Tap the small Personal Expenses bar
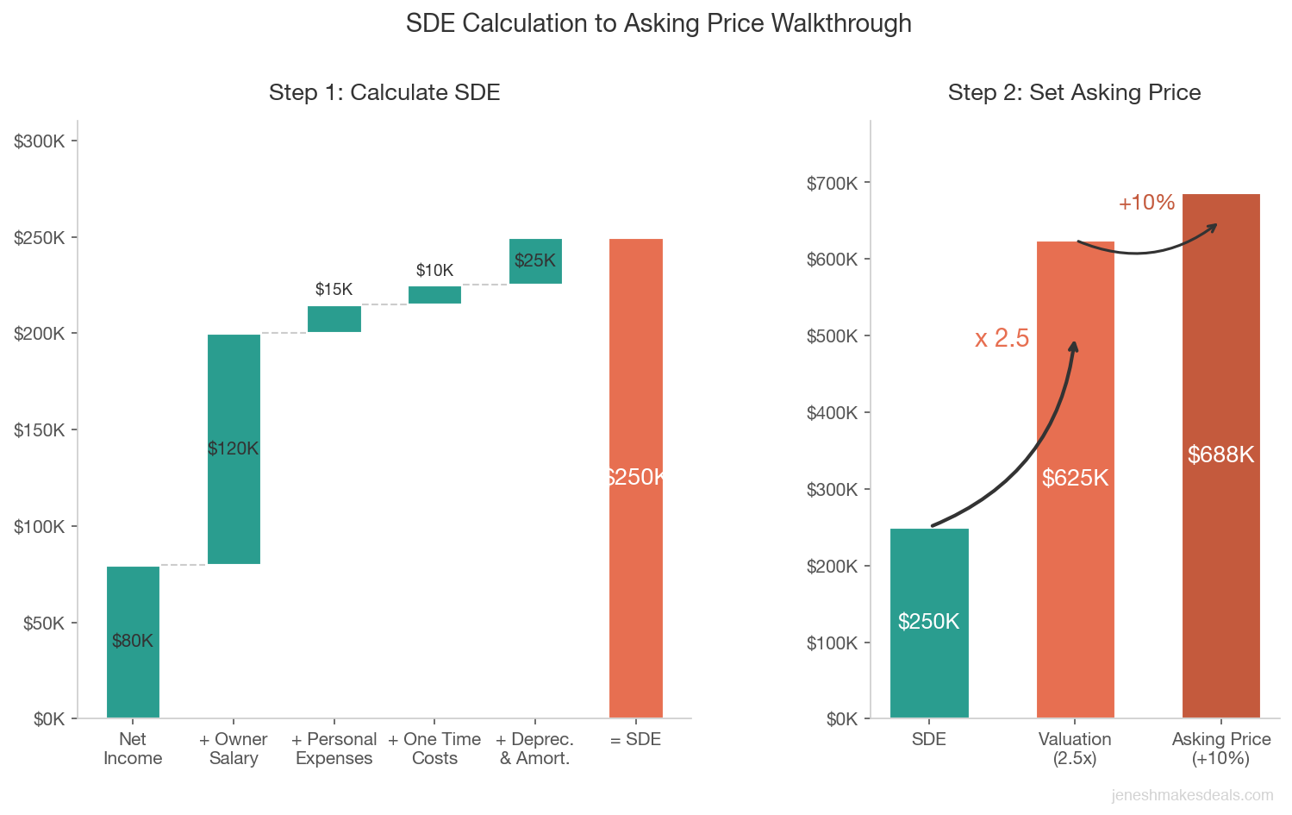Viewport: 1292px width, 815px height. click(x=334, y=319)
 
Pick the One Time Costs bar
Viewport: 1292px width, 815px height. click(x=434, y=295)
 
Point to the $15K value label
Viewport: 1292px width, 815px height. click(x=334, y=290)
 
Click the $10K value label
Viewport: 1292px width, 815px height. click(x=434, y=271)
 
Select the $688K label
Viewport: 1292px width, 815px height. click(x=1220, y=455)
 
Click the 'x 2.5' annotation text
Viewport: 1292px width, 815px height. click(x=1002, y=338)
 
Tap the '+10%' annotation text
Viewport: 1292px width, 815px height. click(x=1146, y=203)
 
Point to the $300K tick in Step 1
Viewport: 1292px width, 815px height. click(x=40, y=141)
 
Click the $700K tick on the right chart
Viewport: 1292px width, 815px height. click(x=833, y=183)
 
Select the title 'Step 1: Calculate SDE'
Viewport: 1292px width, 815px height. click(x=384, y=92)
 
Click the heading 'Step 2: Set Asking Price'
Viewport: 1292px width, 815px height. click(x=1074, y=92)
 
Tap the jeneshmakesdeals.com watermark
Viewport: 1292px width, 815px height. click(x=1192, y=795)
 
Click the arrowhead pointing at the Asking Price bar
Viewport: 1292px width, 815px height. click(x=1214, y=226)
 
